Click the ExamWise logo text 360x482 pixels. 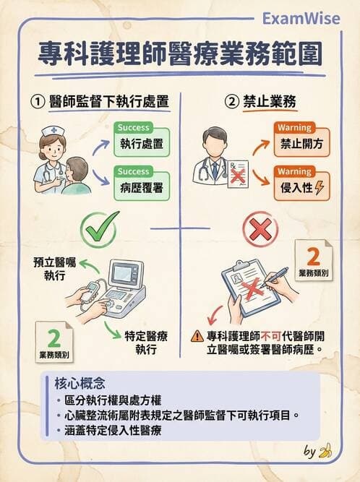pos(300,17)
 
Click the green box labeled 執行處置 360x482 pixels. pos(141,142)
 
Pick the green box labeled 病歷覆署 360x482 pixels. pos(141,185)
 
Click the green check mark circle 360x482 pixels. pos(100,228)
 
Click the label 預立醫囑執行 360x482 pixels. pos(54,268)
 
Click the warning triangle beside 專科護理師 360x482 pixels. pos(197,336)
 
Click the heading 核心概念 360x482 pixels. pos(80,384)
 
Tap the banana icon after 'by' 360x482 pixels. pos(326,452)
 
